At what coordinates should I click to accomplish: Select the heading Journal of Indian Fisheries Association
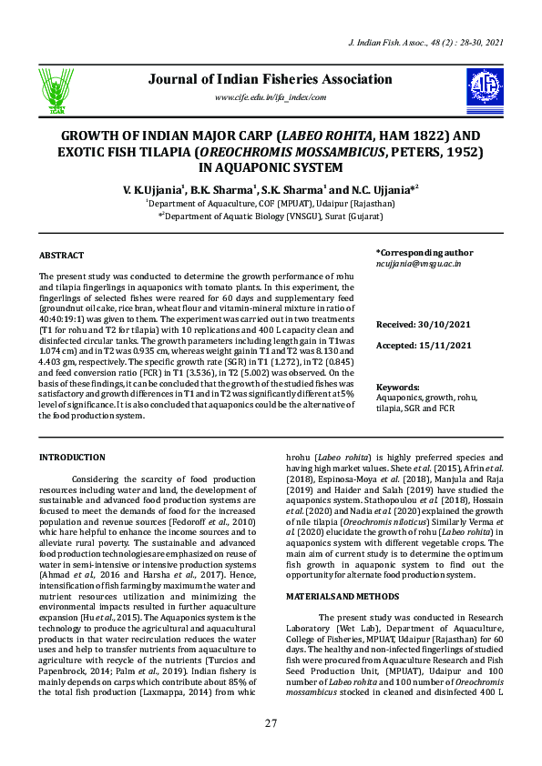click(270, 79)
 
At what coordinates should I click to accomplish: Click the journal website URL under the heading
click(270, 97)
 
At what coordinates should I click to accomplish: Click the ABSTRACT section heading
click(61, 256)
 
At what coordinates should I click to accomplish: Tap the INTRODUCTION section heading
click(72, 457)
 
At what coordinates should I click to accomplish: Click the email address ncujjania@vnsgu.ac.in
click(419, 263)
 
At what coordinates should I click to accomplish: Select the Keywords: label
click(398, 387)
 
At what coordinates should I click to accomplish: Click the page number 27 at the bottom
click(271, 723)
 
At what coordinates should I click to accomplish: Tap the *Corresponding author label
click(424, 252)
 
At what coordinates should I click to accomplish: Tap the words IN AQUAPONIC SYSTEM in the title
click(271, 167)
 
